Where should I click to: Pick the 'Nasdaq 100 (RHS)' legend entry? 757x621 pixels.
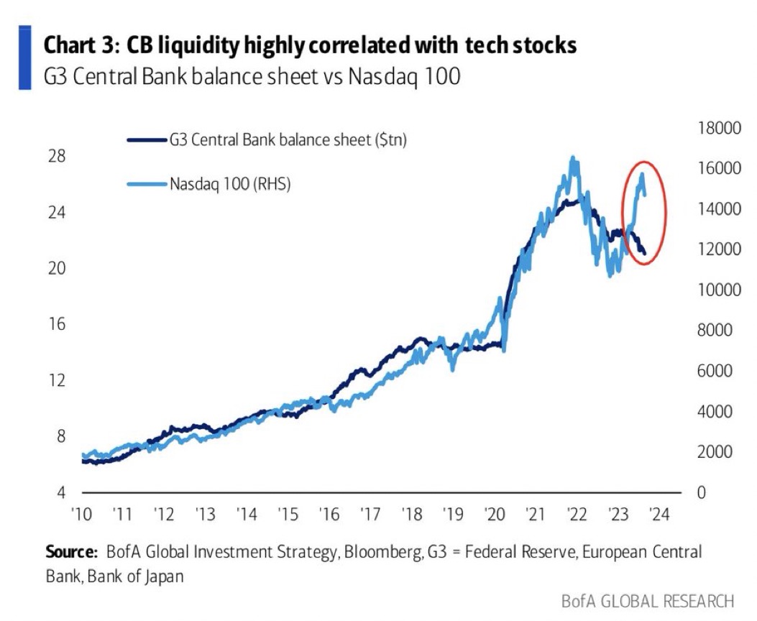coord(229,183)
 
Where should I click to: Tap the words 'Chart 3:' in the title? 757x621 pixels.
coord(77,45)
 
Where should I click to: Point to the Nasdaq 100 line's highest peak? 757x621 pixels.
coord(573,158)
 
